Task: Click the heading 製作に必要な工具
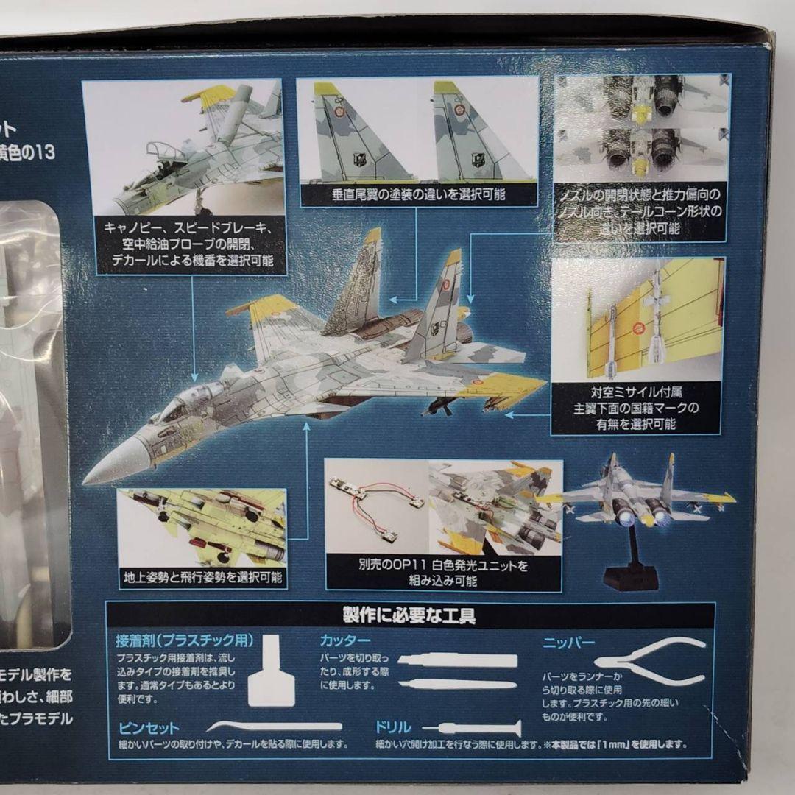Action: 409,615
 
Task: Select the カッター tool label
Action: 344,640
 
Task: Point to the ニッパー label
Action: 568,642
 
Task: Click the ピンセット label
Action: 149,728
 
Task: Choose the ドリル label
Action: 392,727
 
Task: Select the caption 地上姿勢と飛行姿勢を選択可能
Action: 202,576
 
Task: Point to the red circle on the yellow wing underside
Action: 637,328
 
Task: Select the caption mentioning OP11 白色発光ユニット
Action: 443,573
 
